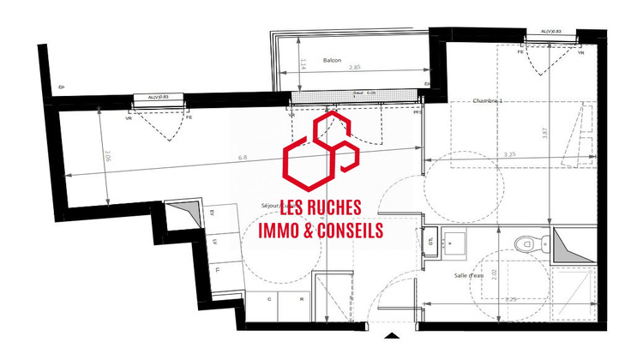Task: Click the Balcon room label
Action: [x=333, y=60]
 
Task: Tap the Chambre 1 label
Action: [x=488, y=100]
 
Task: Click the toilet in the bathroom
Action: [x=524, y=244]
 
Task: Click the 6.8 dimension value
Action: [x=243, y=157]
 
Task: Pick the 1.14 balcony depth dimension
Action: [x=303, y=63]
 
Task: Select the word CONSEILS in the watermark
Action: [x=347, y=229]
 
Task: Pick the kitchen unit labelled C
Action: [x=269, y=298]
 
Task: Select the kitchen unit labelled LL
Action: [x=217, y=269]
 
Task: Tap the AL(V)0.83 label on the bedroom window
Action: [x=551, y=32]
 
